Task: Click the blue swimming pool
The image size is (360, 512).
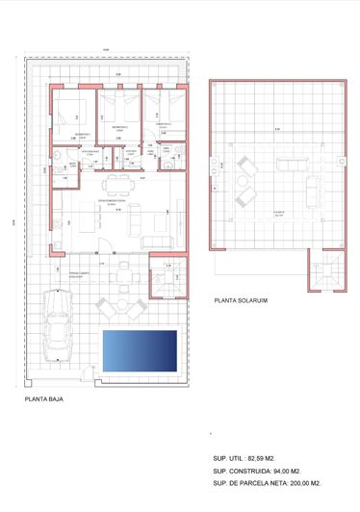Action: click(x=140, y=351)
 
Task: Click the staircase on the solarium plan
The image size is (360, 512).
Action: click(x=322, y=272)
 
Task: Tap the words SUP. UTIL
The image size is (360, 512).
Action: click(x=228, y=458)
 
